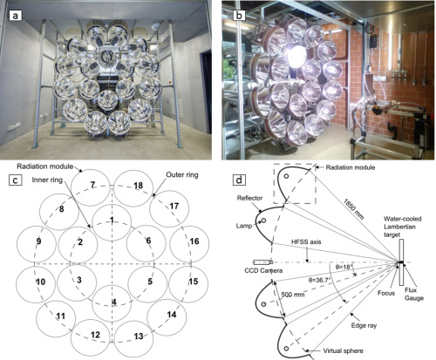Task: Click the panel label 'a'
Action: coord(15,16)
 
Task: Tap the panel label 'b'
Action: coord(239,16)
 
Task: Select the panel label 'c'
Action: coord(15,180)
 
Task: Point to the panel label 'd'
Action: coord(239,180)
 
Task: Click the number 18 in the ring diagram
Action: coord(139,186)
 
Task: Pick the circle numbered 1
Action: coord(112,222)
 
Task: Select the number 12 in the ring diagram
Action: coord(95,335)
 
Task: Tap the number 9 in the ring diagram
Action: coord(38,241)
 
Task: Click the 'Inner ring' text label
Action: coord(47,180)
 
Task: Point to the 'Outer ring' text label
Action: coord(182,174)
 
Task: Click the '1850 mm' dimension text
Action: coord(353,209)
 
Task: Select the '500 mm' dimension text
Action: coord(293,295)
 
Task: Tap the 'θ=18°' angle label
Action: coord(344,267)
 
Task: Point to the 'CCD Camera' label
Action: coord(263,270)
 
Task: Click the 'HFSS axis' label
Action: coord(306,241)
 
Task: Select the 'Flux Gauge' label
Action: coord(414,294)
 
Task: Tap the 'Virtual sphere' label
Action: coord(344,350)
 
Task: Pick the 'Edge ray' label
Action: coord(364,325)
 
